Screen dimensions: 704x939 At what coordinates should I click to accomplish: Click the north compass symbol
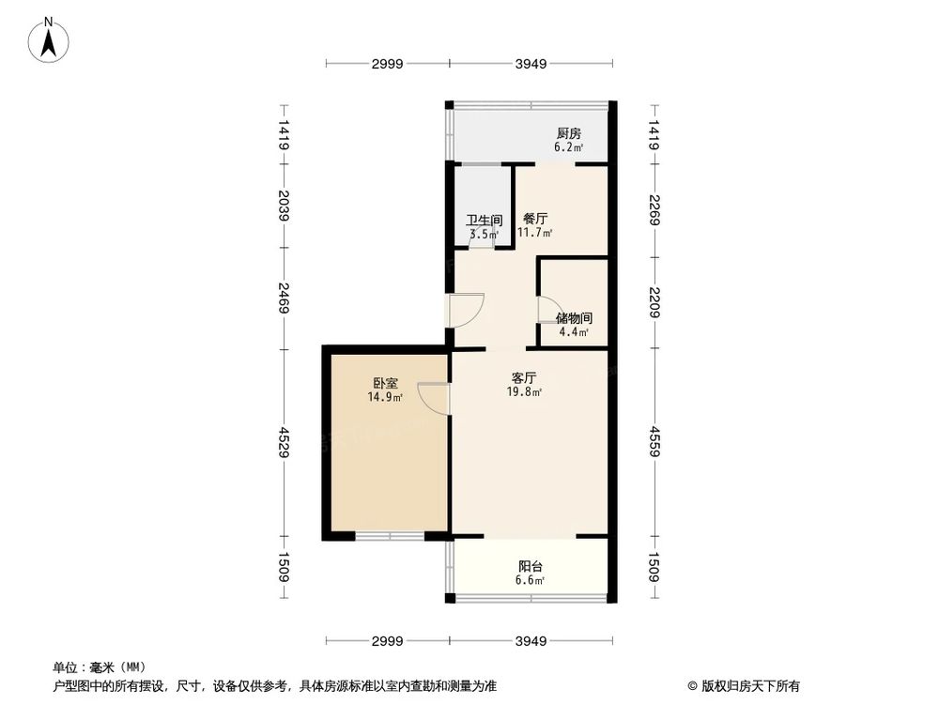click(x=48, y=42)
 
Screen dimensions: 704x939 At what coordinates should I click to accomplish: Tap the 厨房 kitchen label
click(x=568, y=133)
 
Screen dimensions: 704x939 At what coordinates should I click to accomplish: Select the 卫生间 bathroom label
click(x=485, y=221)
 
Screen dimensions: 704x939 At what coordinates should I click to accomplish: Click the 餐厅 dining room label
click(x=535, y=219)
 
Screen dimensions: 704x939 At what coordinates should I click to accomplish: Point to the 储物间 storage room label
click(x=573, y=318)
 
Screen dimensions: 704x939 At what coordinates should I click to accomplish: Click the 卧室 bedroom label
click(x=385, y=384)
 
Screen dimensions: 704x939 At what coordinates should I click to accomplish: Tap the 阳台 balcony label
click(x=531, y=566)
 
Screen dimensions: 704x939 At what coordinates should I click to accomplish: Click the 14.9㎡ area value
click(x=385, y=398)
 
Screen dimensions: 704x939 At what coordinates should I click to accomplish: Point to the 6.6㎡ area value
click(x=531, y=580)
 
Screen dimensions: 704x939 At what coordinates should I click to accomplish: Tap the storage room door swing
click(x=549, y=311)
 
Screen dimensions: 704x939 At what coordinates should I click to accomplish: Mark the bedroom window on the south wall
click(x=390, y=536)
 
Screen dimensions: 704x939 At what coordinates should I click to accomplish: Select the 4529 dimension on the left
click(x=284, y=443)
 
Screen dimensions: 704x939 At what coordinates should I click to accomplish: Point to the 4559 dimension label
click(x=654, y=443)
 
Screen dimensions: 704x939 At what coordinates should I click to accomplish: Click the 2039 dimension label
click(x=284, y=207)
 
